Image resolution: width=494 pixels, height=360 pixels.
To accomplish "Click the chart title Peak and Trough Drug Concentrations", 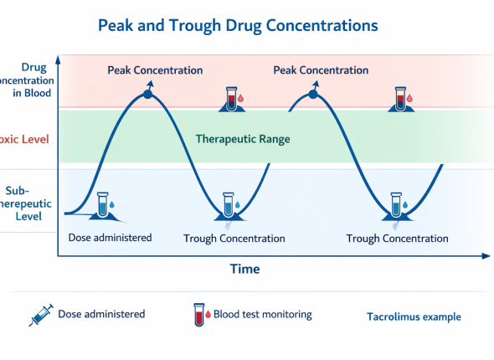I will click(x=238, y=26).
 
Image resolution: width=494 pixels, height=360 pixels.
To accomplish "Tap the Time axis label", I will click(x=245, y=269).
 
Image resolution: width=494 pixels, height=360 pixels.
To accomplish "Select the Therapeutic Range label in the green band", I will click(x=243, y=139).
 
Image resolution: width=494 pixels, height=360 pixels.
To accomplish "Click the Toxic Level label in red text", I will click(x=24, y=138).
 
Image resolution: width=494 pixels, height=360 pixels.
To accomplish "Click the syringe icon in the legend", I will click(x=40, y=316).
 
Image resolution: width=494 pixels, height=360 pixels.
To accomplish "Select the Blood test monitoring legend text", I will click(x=263, y=315).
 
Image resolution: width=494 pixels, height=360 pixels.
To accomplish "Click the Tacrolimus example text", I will click(x=414, y=317).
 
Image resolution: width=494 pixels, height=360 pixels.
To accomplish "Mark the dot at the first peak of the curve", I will click(x=148, y=94).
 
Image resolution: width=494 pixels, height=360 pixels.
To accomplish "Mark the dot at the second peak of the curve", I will click(x=314, y=95).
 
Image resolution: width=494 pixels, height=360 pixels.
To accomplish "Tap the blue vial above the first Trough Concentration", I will click(x=229, y=205).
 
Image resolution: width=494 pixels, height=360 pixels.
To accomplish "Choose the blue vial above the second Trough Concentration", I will click(x=395, y=205).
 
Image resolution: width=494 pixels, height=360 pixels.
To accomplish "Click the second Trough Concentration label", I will click(x=397, y=239).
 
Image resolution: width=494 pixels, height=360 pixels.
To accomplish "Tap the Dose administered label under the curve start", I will click(x=110, y=238).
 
